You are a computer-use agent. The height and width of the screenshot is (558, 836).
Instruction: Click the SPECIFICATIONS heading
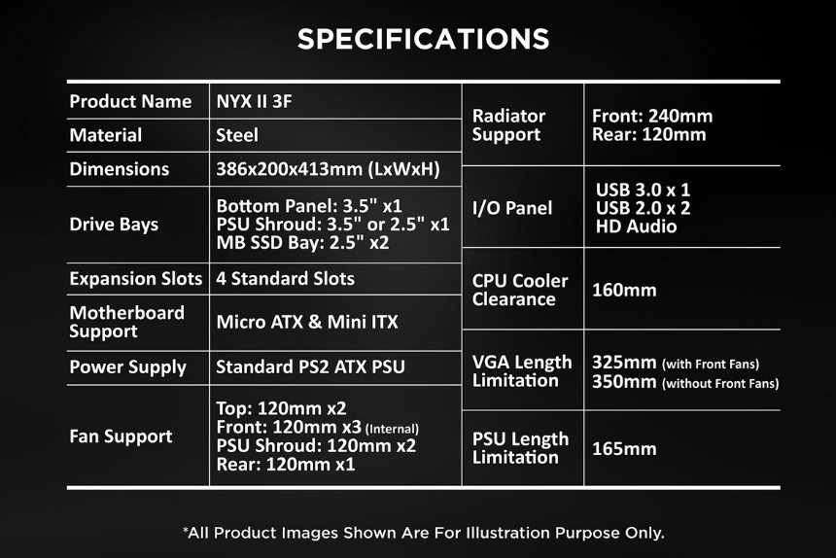coord(423,39)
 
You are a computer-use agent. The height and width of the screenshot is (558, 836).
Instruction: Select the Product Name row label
coord(130,101)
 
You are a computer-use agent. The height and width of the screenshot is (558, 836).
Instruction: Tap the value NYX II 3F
coord(254,101)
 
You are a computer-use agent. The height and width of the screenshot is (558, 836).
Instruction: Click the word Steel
coord(237,135)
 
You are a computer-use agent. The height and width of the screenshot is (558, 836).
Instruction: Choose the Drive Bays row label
coord(114,225)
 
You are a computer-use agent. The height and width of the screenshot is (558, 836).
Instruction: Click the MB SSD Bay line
coord(302,242)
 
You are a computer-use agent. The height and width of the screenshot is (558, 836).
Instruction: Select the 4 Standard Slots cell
coord(285,278)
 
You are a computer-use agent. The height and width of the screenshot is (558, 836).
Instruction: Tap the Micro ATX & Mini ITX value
coord(307,322)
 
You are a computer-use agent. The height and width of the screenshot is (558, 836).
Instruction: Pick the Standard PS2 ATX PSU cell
coord(310,366)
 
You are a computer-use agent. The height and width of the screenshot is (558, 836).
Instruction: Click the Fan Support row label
coord(122,436)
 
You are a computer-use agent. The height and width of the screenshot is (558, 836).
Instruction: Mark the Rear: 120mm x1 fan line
coord(285,465)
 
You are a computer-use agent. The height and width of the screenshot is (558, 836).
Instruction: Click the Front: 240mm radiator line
coord(652,117)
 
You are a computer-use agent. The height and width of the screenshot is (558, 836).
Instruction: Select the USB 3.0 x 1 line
coord(643,190)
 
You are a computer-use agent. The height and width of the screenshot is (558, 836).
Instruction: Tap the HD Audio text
coord(636,227)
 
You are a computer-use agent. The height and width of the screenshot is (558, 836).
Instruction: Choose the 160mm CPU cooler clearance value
coord(624,290)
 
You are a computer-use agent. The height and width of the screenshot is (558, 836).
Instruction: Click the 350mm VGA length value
coord(624,382)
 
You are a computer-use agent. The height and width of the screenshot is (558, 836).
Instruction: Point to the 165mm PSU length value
coord(624,449)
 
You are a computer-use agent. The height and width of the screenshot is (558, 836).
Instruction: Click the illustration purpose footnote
coord(423,533)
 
